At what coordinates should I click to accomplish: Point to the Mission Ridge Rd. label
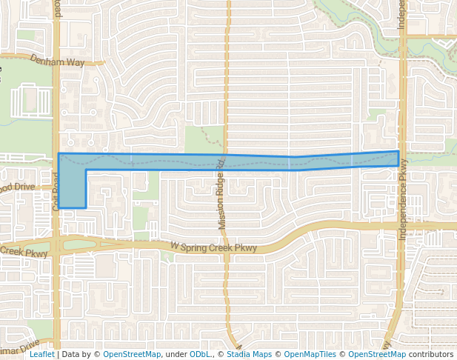220,192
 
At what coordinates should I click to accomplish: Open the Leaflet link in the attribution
41,355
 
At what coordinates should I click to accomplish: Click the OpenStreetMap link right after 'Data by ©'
132,355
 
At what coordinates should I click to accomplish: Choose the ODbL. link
201,355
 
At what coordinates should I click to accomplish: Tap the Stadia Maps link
248,355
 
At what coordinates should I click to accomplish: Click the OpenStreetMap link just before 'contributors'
376,355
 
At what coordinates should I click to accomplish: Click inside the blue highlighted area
222,162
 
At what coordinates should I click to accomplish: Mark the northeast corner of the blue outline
398,151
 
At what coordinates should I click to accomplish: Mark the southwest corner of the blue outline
59,207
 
